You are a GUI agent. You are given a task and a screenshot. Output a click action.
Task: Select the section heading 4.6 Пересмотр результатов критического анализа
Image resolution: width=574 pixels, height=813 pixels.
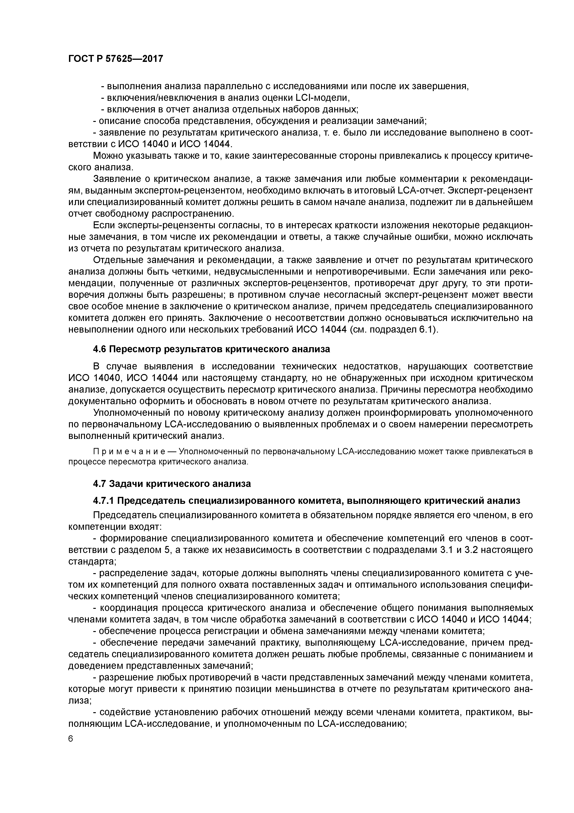point(211,349)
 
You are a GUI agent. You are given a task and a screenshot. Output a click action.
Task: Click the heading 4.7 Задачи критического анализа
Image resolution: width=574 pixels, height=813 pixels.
point(172,483)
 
